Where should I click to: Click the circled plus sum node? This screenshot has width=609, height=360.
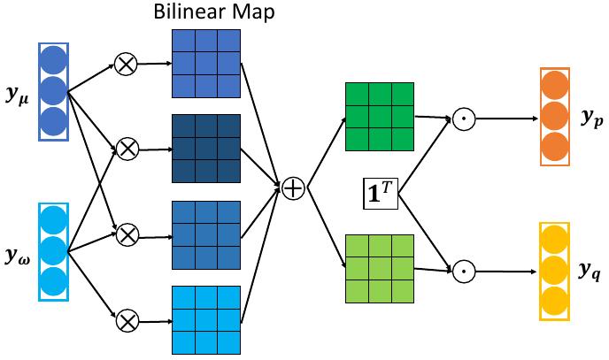(x=293, y=187)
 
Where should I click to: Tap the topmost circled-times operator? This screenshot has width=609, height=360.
(x=127, y=63)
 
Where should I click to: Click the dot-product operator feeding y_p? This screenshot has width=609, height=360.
(x=460, y=119)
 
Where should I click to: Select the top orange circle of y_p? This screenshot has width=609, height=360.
(x=554, y=87)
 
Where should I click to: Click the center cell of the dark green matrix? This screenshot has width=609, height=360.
(x=379, y=116)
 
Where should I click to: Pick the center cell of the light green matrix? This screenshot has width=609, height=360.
(x=379, y=268)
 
